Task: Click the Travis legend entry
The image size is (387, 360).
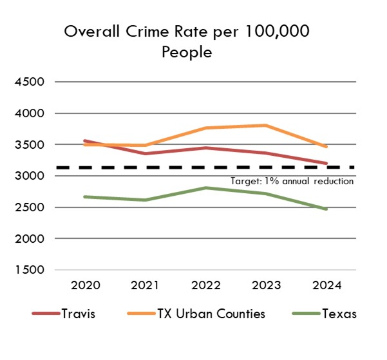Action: [62, 314]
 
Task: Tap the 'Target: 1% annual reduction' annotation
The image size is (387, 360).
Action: [292, 181]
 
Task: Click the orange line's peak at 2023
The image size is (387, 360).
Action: [266, 125]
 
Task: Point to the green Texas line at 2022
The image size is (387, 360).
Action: [206, 188]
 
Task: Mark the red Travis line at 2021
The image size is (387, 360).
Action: [146, 153]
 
